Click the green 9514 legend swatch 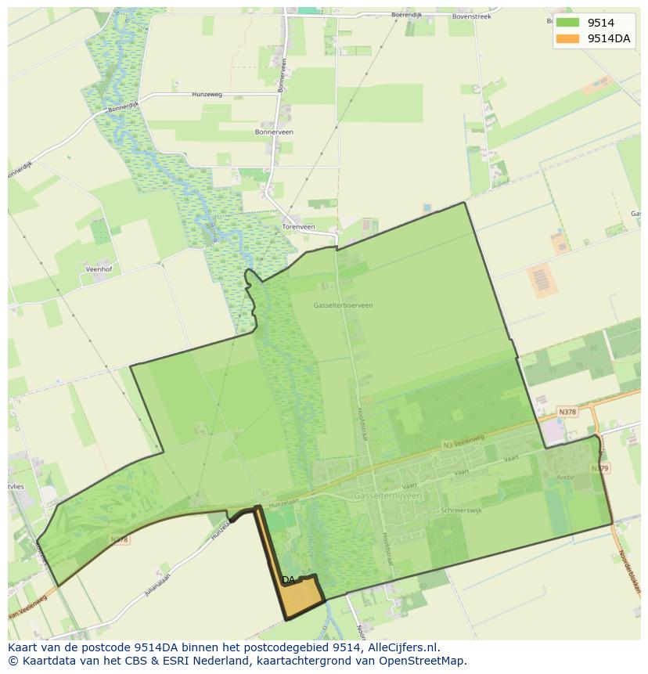pos(567,23)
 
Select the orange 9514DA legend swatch pos(567,38)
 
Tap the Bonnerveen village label pos(274,132)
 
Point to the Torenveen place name pos(298,227)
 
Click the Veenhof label pos(99,269)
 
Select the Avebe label pos(565,477)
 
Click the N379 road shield pos(599,468)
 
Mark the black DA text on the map pos(288,580)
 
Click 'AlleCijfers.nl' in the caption pos(402,647)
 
